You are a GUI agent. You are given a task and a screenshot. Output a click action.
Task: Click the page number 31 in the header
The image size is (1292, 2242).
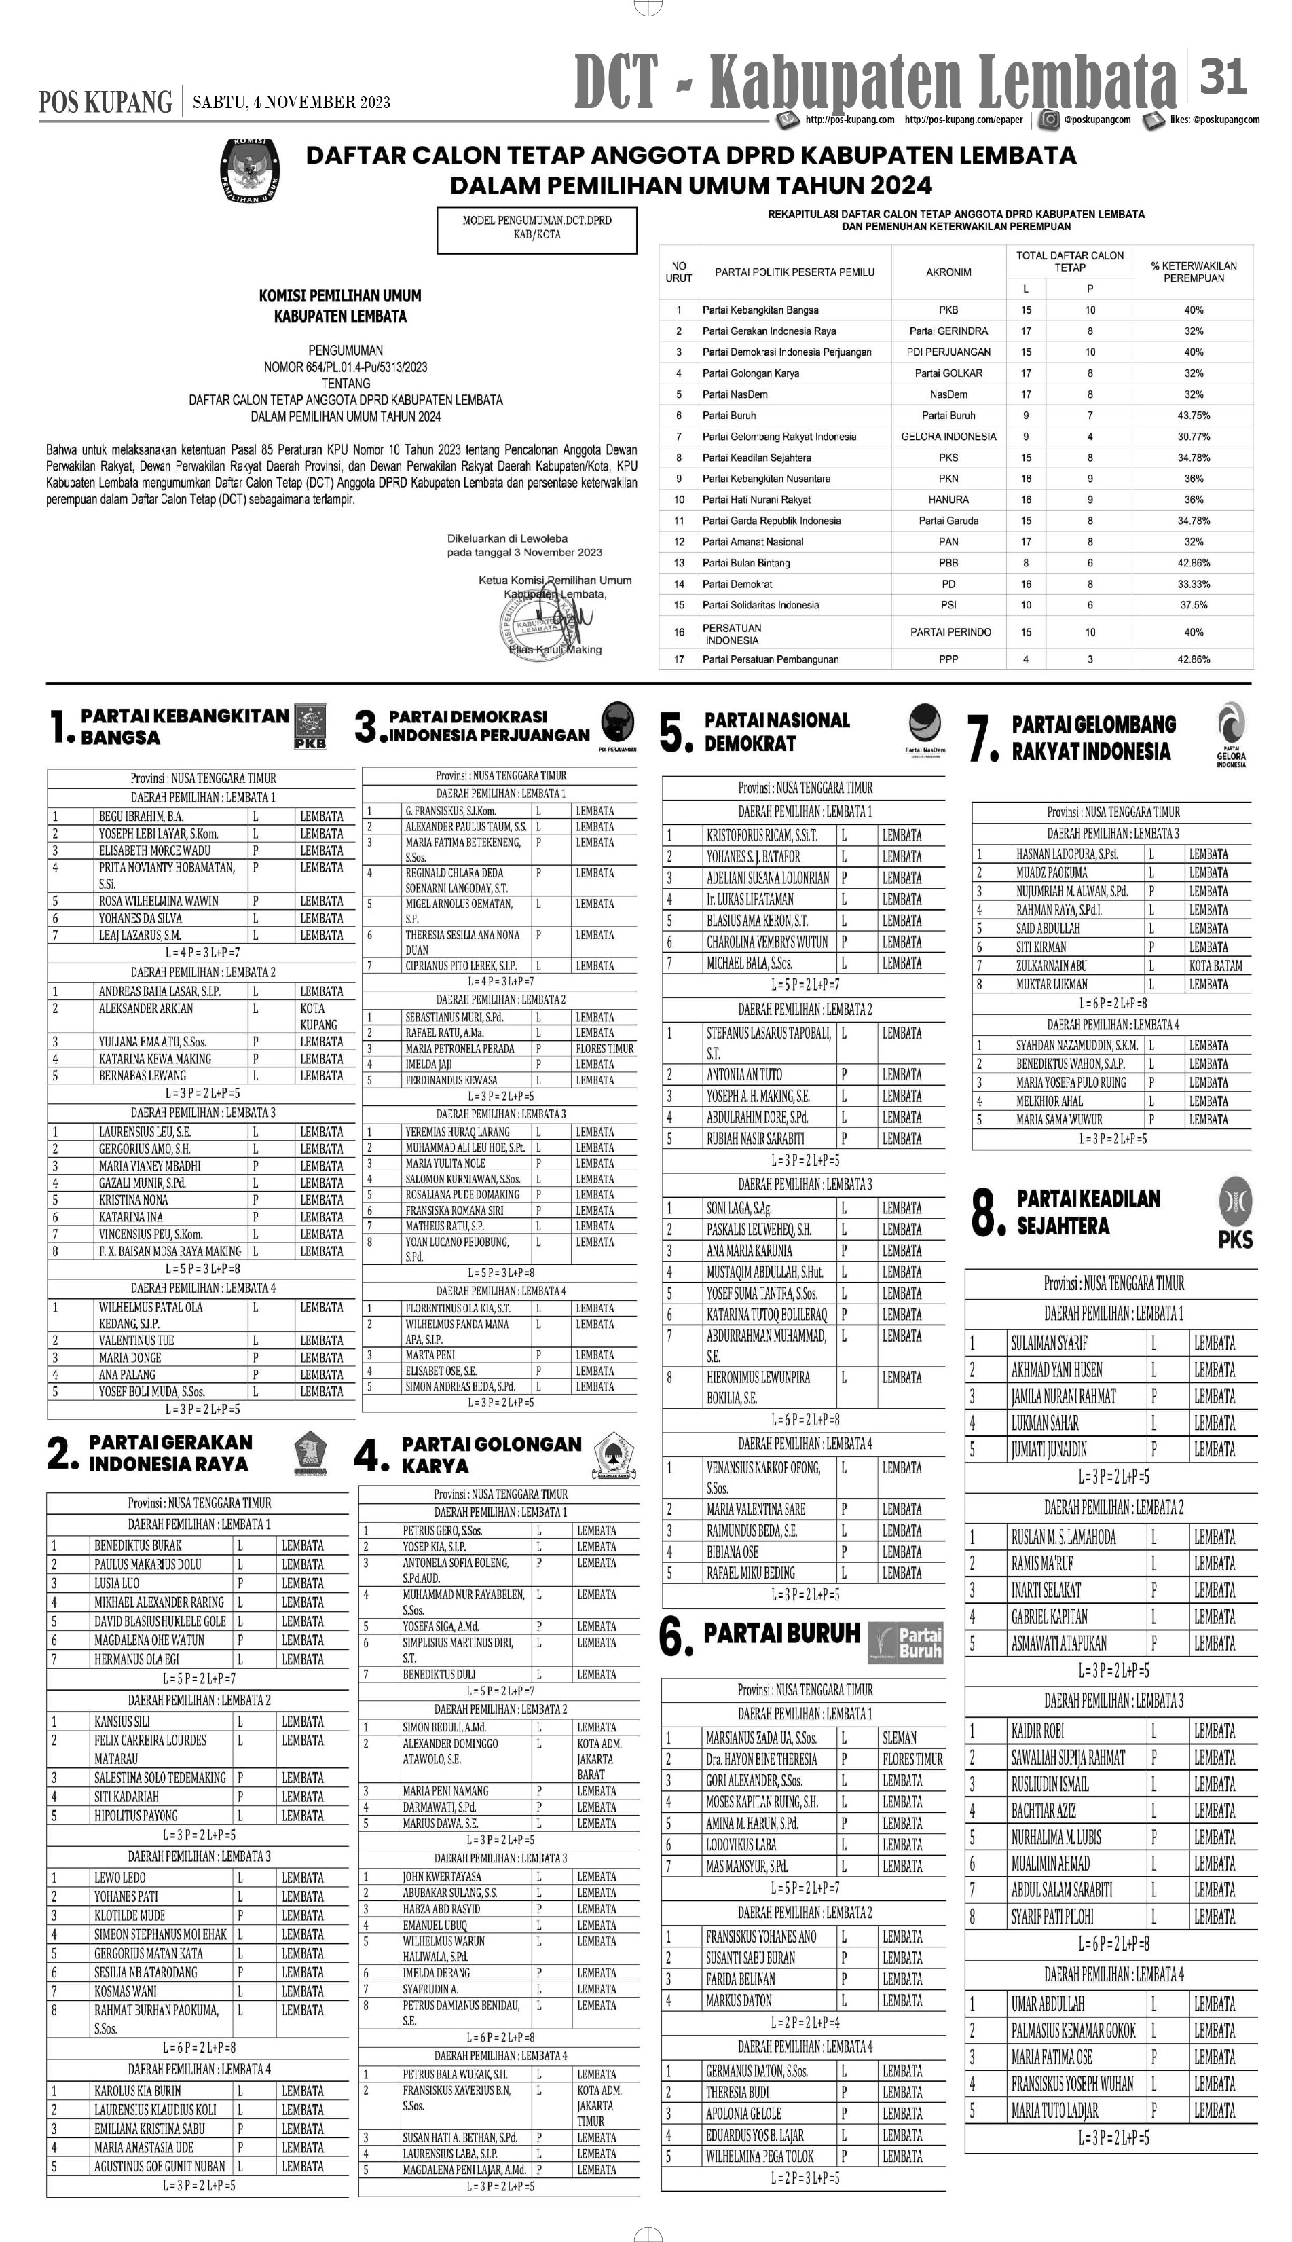coord(1223,77)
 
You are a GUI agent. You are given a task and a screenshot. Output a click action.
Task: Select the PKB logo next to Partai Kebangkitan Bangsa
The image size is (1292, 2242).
coord(310,727)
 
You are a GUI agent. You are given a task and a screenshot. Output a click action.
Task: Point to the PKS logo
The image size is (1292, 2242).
coord(1235,1212)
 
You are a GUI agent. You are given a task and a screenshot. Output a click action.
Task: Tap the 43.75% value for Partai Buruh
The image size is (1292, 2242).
coord(1193,416)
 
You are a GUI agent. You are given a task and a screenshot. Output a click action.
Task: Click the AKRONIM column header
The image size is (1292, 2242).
coord(948,272)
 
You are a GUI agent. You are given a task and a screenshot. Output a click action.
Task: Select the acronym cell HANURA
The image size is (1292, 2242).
coord(948,500)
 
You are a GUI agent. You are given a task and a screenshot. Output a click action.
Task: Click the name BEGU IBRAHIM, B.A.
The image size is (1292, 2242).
coord(141,816)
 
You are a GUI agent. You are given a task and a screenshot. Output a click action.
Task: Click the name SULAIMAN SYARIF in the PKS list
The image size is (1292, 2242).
coord(1049,1343)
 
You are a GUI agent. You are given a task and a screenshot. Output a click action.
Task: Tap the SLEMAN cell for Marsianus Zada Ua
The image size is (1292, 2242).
coord(900,1738)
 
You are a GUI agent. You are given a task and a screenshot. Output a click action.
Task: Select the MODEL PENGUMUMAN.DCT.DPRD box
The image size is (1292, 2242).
coord(537,228)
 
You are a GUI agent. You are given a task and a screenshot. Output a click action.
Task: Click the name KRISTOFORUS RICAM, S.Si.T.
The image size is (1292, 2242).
coord(761,835)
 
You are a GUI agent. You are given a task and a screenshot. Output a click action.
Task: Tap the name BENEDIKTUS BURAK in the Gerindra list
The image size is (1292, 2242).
coord(138,1545)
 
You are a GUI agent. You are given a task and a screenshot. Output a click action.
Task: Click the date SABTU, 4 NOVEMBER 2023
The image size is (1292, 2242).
coord(291,103)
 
